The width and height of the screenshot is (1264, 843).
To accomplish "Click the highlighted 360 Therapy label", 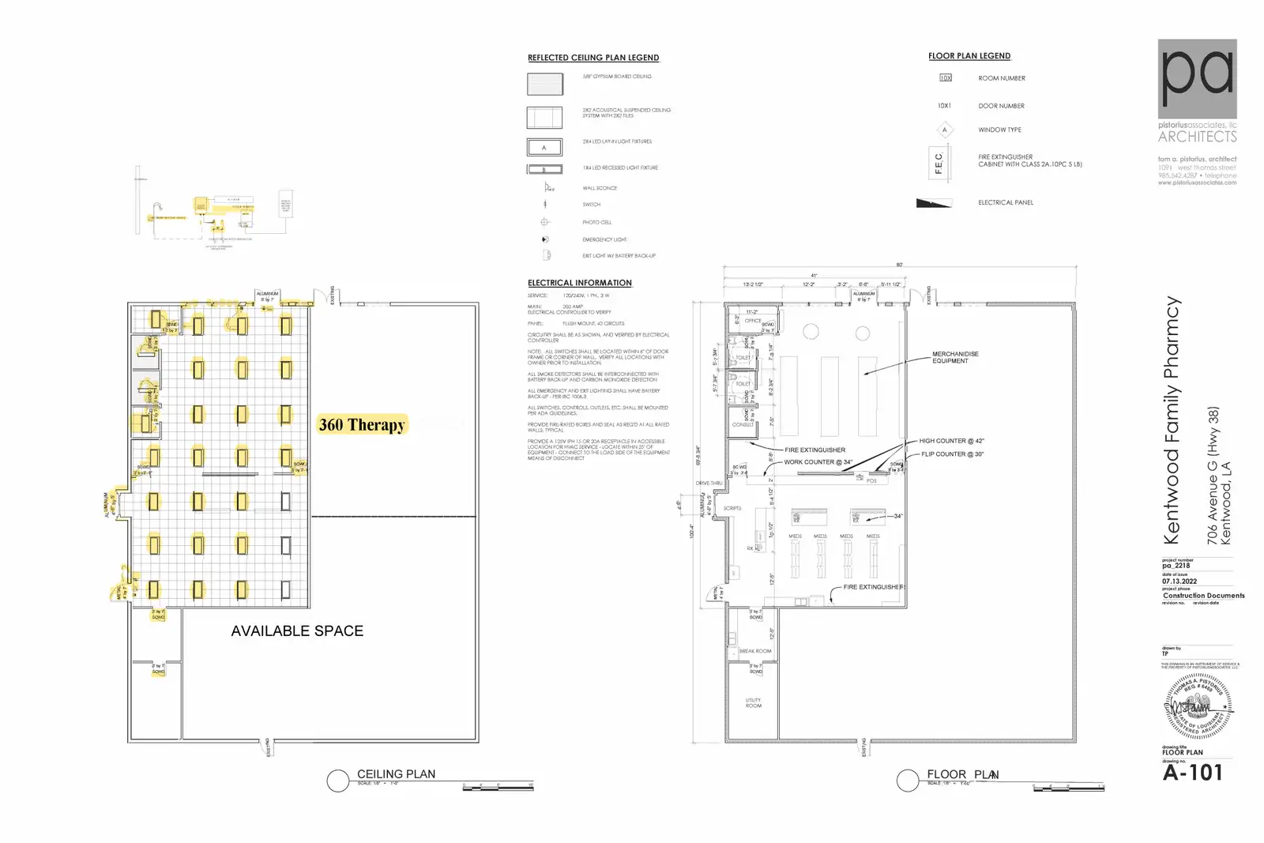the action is [362, 425].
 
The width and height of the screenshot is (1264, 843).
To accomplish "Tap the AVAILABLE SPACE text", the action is [297, 631].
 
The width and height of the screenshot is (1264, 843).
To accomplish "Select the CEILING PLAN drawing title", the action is [396, 774].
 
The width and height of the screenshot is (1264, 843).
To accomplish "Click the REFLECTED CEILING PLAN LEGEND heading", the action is [593, 58].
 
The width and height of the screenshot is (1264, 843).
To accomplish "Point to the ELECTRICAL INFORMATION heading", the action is [580, 283].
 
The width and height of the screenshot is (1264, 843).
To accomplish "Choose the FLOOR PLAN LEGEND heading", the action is [969, 56].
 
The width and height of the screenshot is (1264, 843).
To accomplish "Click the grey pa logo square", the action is [1197, 79].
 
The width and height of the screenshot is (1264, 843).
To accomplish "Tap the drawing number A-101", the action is [1193, 773].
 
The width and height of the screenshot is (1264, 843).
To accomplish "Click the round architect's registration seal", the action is [1198, 706].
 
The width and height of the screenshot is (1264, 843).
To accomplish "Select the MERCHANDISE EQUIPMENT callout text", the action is [955, 357].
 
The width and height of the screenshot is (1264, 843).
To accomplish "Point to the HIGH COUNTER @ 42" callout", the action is [951, 441].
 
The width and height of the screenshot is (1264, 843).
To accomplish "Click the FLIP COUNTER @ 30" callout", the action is [953, 454].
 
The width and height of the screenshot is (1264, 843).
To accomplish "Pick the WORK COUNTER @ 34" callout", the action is [818, 462].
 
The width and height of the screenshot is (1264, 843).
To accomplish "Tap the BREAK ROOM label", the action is [755, 651].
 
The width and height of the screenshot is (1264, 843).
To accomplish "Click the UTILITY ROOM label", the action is [754, 702].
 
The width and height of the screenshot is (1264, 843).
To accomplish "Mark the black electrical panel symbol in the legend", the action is [934, 203].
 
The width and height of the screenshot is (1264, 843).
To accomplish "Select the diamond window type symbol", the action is [944, 130].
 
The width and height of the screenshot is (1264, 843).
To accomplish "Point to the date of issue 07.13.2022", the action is [1179, 581].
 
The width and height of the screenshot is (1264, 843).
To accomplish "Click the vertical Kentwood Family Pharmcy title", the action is [1172, 420].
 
